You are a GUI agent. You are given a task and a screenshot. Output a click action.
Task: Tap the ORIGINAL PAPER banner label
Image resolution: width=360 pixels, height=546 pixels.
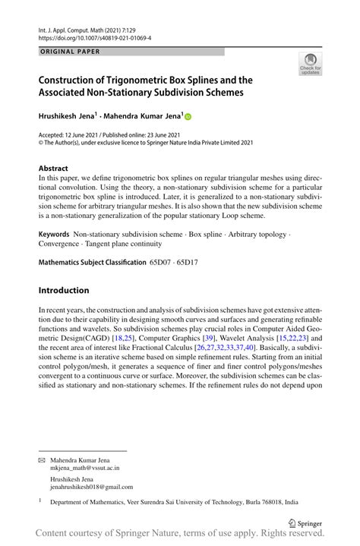point(69,52)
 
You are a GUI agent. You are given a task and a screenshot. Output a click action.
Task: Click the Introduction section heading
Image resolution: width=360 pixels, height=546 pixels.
point(64,290)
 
